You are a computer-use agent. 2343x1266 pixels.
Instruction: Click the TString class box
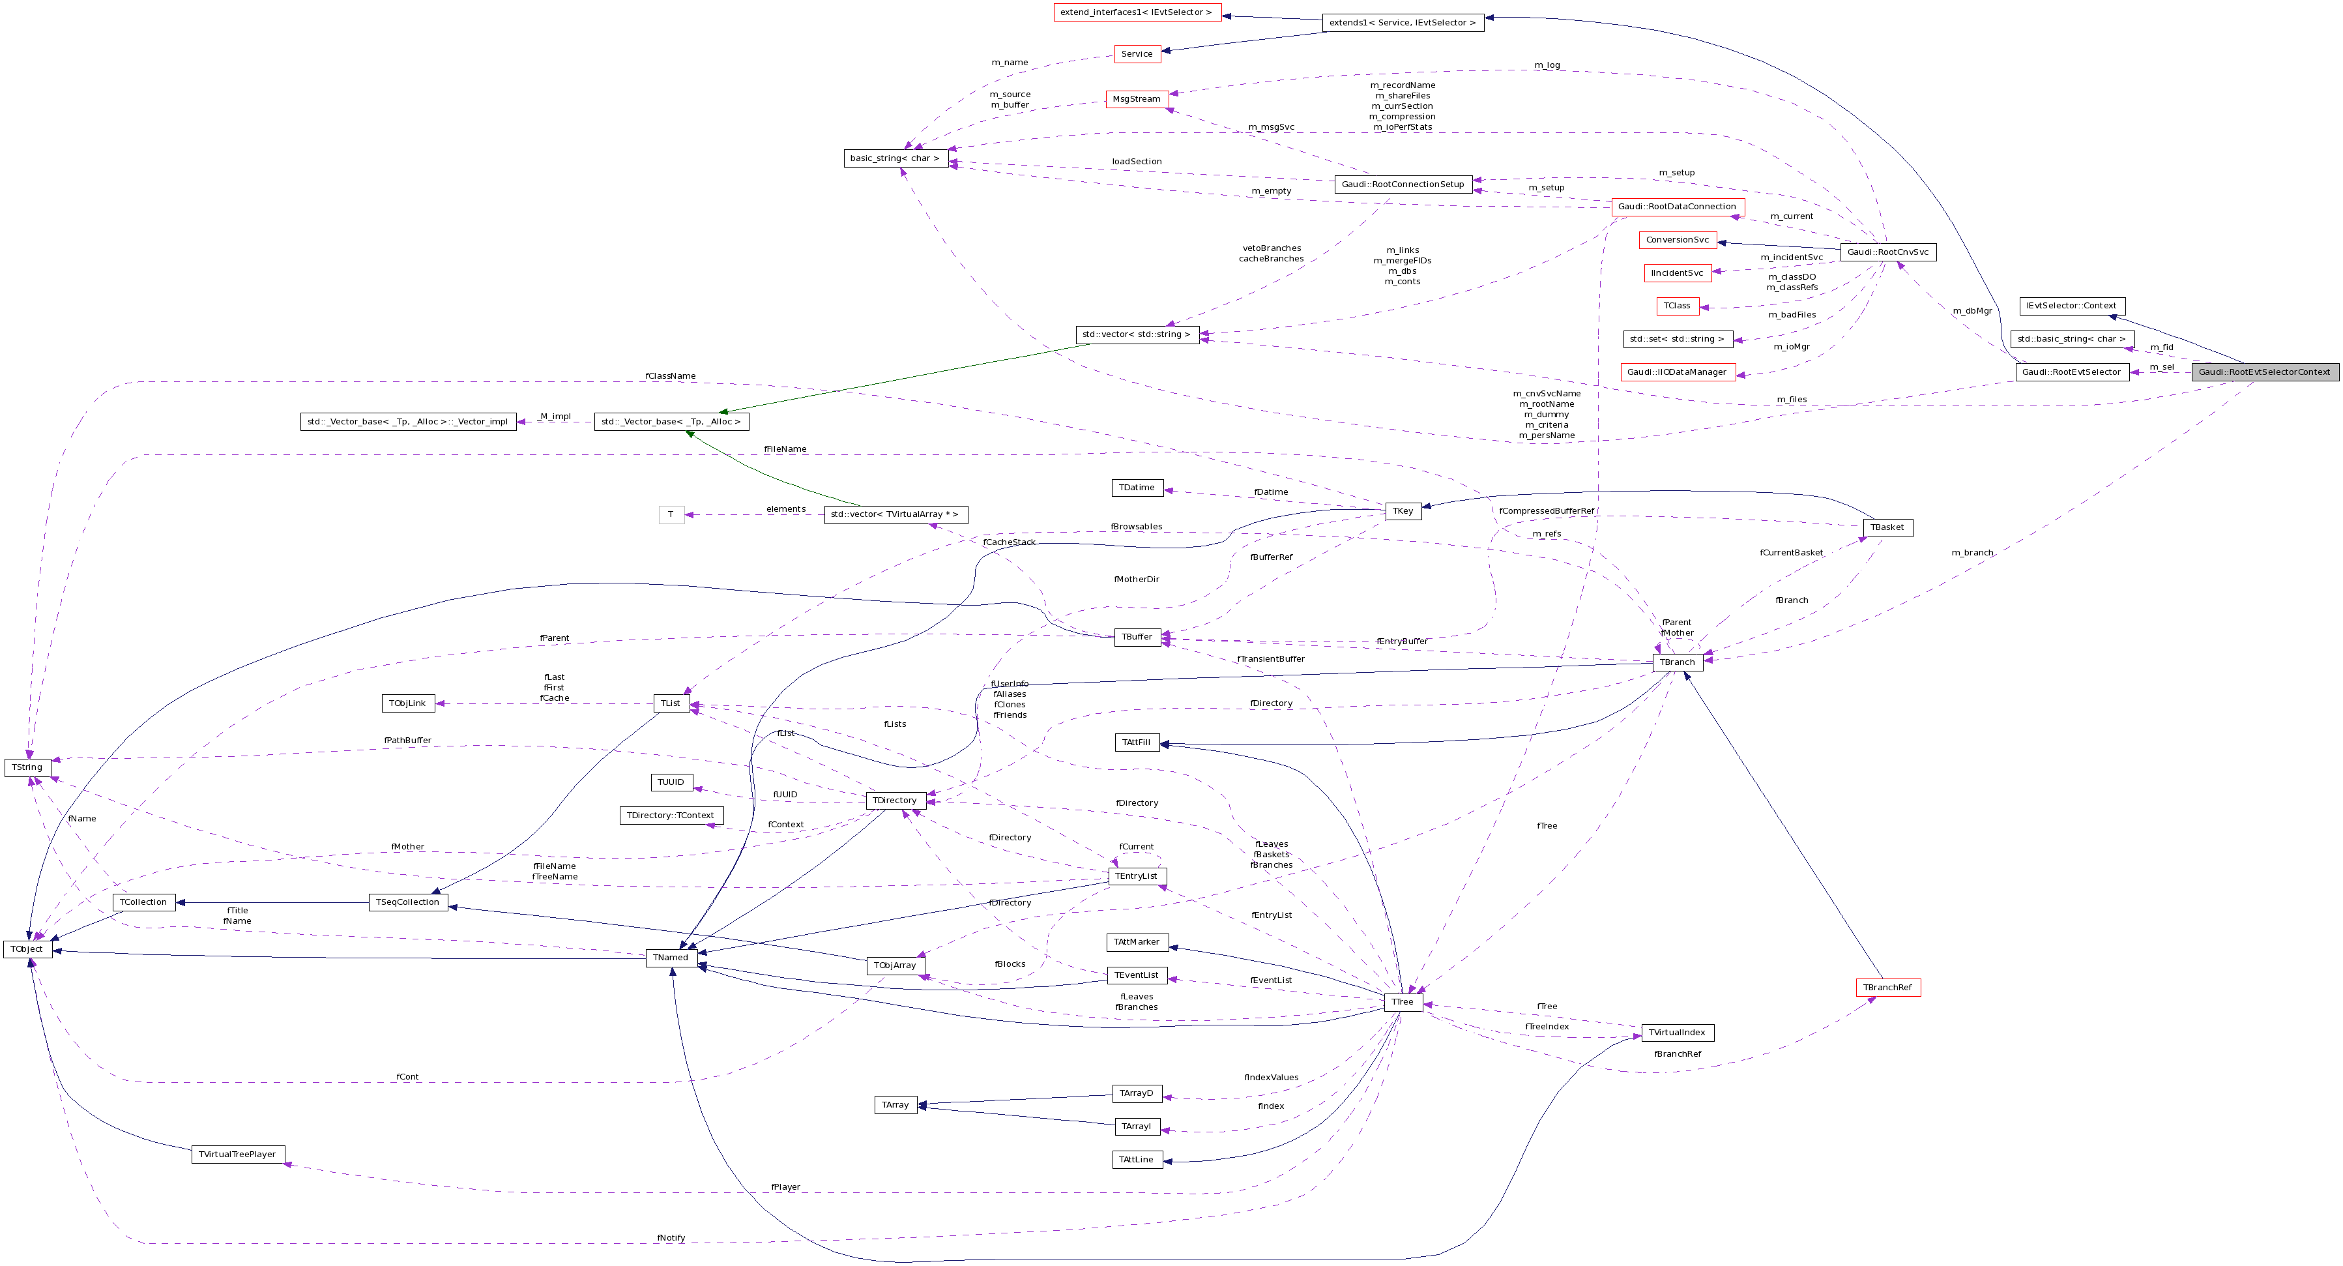27,767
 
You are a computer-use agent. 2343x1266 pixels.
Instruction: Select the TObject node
27,949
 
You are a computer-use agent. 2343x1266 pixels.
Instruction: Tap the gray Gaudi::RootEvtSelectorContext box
2264,372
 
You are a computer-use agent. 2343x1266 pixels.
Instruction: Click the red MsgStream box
1137,99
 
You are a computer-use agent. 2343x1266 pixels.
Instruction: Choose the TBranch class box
1677,662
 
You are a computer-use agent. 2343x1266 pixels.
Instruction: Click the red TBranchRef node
1887,988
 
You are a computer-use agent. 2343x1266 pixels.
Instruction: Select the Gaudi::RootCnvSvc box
1887,252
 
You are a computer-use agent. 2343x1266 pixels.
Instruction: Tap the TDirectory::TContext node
671,815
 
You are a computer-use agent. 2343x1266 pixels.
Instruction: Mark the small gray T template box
671,515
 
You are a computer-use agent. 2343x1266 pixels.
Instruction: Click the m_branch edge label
1972,553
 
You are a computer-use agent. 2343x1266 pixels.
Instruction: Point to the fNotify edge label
671,1238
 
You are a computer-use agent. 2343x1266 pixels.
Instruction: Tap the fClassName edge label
671,375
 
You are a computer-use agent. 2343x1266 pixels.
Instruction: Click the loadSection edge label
1137,162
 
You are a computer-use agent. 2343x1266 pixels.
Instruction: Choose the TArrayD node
1136,1093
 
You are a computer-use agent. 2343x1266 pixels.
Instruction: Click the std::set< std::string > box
1677,339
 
